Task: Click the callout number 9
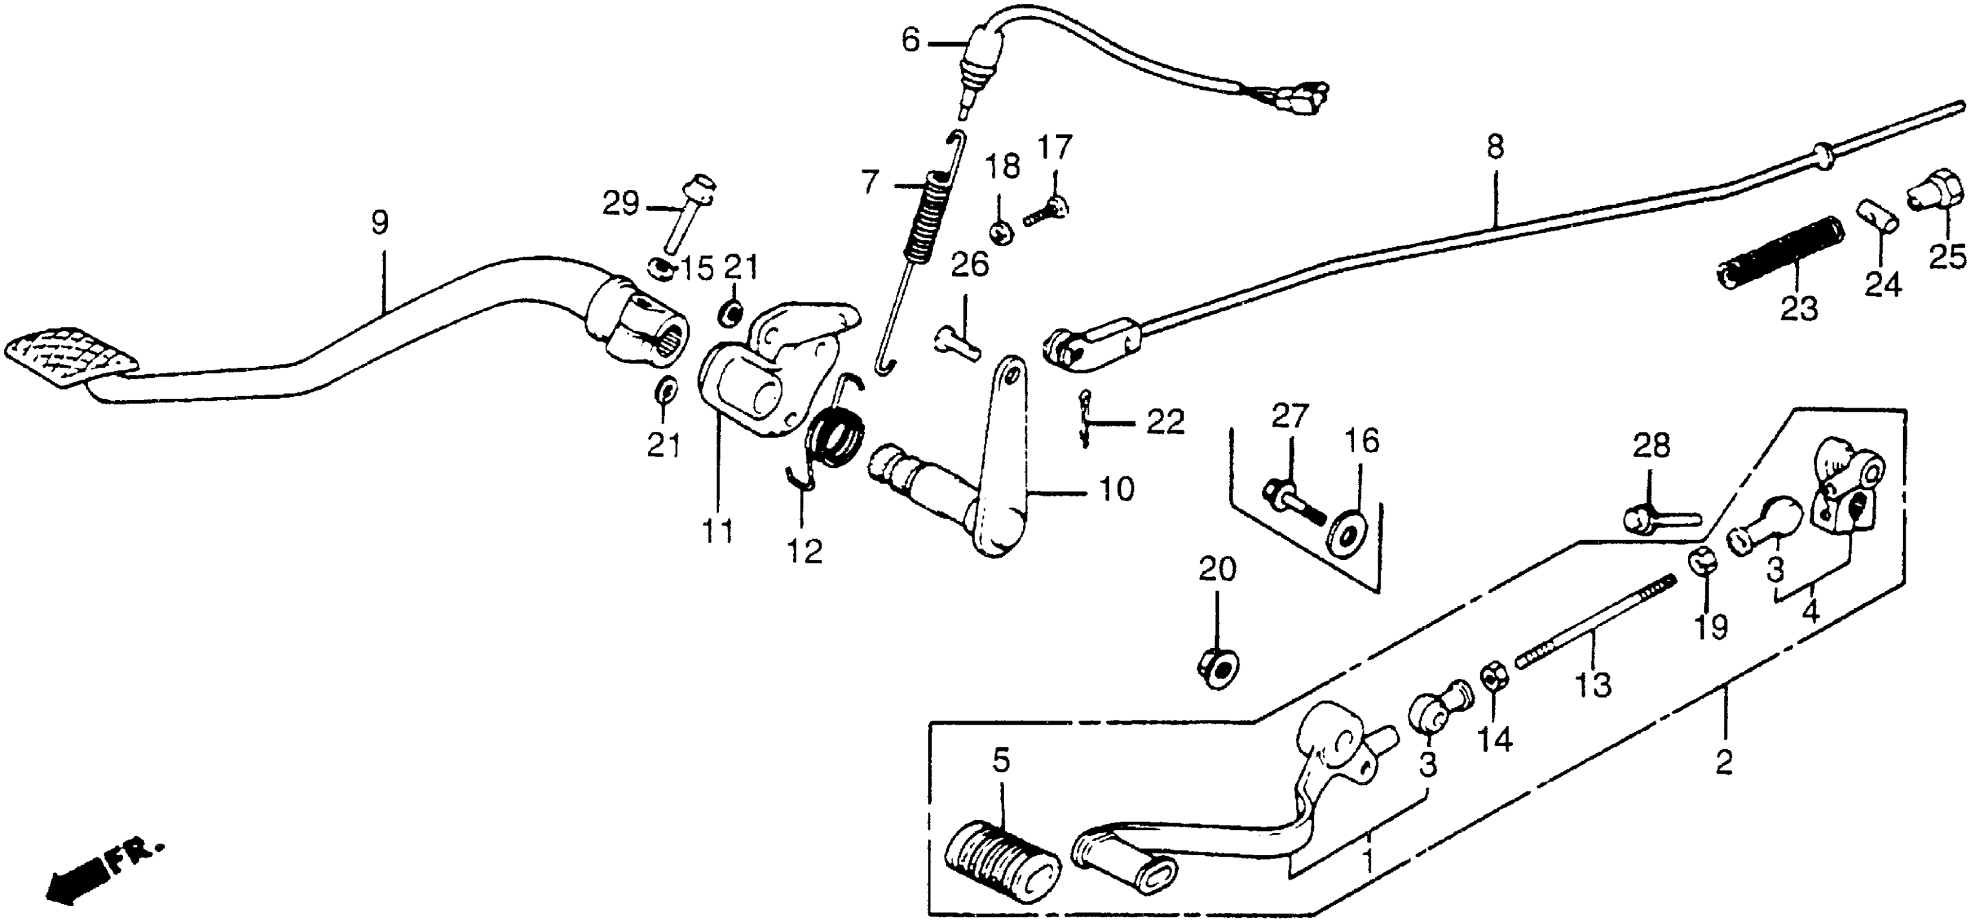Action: (380, 223)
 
